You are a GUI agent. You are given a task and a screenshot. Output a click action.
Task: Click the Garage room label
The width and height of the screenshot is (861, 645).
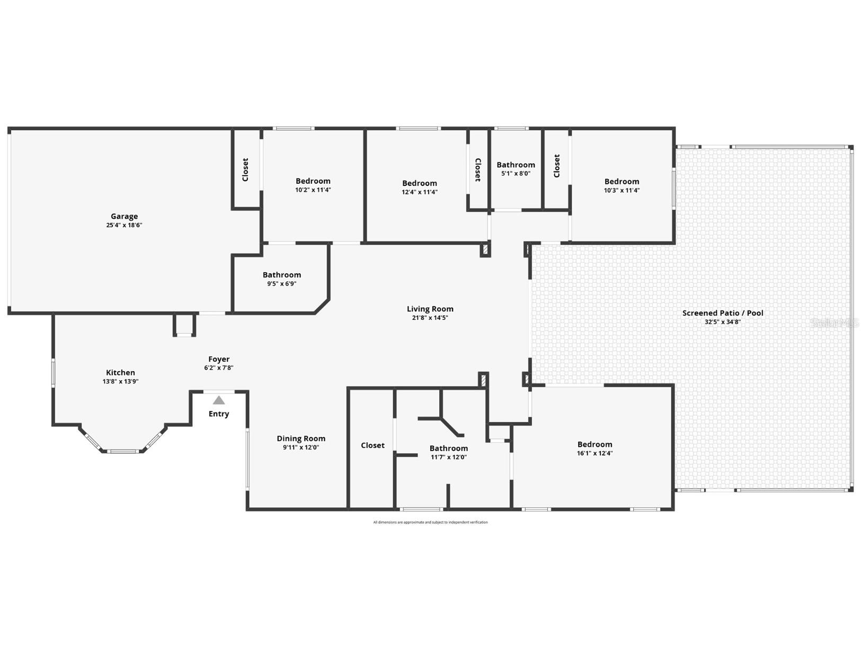[124, 216]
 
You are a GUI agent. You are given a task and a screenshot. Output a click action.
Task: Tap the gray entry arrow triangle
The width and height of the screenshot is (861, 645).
[219, 400]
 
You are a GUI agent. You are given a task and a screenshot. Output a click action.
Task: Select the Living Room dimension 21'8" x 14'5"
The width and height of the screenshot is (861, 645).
[430, 318]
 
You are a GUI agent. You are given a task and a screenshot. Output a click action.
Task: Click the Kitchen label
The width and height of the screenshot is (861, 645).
[120, 372]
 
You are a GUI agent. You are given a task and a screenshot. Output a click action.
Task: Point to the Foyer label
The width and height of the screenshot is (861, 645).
[219, 359]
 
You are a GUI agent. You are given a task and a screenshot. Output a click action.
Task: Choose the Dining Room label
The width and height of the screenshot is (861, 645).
[301, 438]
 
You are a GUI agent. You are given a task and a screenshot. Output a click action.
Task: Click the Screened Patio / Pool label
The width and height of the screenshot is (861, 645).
[723, 313]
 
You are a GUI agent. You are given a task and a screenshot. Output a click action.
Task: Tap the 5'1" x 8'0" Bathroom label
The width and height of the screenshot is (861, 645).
[516, 165]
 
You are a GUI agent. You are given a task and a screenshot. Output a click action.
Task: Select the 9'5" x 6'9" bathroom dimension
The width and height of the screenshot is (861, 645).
[281, 284]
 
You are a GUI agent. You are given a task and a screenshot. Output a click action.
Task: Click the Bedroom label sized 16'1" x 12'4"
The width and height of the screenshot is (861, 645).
[594, 444]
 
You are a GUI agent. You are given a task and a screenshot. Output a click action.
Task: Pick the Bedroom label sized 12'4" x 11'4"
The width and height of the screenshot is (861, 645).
[419, 183]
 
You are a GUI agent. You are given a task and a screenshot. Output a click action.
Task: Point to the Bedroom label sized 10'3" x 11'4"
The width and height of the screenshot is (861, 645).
[622, 181]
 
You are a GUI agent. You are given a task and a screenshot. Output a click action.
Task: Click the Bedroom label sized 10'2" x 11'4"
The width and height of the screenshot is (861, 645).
[313, 181]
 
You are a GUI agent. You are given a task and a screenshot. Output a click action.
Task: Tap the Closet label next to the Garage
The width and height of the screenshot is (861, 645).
[245, 169]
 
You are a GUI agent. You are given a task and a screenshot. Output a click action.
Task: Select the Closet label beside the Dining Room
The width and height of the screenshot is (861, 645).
[372, 445]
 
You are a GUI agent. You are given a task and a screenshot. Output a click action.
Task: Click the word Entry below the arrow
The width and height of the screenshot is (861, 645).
[219, 414]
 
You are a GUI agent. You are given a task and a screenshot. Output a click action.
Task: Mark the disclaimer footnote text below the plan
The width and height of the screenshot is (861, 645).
[430, 522]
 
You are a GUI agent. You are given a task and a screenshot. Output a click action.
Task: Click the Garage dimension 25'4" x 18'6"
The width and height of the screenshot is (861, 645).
[124, 225]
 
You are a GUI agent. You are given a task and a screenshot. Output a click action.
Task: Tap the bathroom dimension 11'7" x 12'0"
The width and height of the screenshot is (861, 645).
[448, 457]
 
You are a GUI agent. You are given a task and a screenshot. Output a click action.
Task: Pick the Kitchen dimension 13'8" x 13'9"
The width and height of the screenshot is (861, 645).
[120, 381]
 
